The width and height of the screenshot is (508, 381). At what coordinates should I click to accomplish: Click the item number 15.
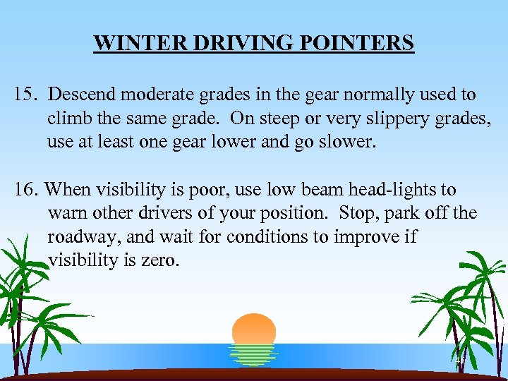pyautogui.click(x=25, y=95)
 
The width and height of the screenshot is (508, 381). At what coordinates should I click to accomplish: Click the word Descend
pyautogui.click(x=83, y=95)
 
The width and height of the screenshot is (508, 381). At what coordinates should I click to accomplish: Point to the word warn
pyautogui.click(x=66, y=214)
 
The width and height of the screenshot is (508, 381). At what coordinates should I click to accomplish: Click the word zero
pyautogui.click(x=160, y=261)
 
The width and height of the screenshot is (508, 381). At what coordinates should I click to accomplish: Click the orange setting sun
pyautogui.click(x=254, y=329)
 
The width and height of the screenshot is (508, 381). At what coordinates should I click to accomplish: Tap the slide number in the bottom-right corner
pyautogui.click(x=460, y=361)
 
